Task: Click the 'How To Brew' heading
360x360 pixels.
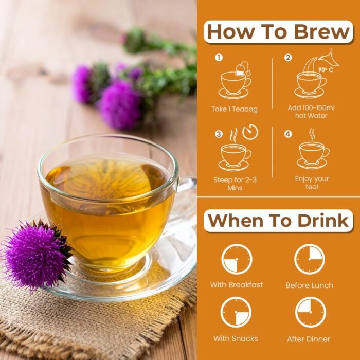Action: (x=278, y=31)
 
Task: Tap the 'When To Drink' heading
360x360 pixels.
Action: (x=278, y=221)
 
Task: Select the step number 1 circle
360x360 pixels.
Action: (x=219, y=58)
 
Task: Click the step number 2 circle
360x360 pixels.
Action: (x=288, y=58)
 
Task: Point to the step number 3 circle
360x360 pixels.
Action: (x=219, y=134)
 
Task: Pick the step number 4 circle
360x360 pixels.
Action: (x=288, y=134)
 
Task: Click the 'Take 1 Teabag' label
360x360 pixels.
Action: (x=234, y=109)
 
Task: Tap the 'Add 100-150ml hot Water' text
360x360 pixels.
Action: (x=312, y=112)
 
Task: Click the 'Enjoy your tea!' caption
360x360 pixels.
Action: (x=312, y=182)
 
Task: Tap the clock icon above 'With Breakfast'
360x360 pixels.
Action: (x=237, y=259)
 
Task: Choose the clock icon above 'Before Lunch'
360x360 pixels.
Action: (x=310, y=259)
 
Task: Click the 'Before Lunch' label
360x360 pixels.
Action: (x=310, y=285)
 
